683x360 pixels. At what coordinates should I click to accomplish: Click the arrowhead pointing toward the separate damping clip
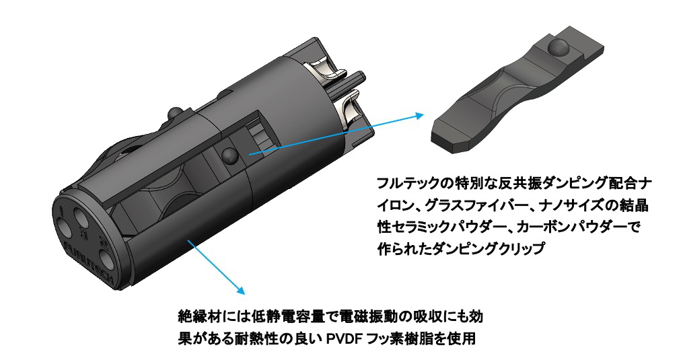point(419,116)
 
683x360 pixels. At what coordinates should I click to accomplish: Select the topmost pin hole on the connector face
point(81,215)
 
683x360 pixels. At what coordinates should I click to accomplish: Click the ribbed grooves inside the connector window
point(259,135)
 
